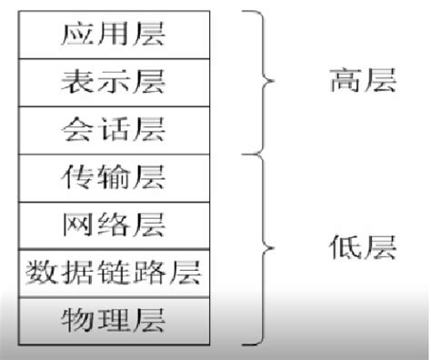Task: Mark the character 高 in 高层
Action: [x=343, y=83]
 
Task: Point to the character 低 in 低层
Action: [x=343, y=248]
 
